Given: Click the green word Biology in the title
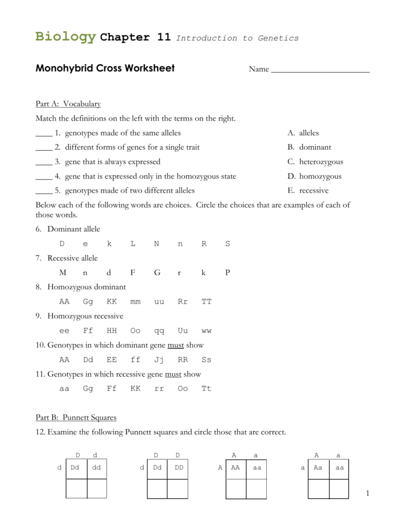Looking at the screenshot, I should coord(65,37).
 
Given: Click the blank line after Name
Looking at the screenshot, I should coord(320,69).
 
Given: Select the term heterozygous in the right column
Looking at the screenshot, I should coord(321,162).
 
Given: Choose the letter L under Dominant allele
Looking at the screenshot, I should coord(133,244).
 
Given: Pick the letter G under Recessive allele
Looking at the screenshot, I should coord(157,273).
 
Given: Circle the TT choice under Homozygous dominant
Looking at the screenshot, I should coord(207,302).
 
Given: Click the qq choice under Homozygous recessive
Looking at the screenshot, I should coord(159,331).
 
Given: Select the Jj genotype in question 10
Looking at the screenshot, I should coord(159,360).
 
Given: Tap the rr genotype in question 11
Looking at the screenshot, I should coord(159,389).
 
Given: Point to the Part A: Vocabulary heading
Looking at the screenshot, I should coord(68,104).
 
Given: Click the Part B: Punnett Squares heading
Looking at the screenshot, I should coord(76,418).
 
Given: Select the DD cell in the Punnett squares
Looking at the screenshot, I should coord(178,468).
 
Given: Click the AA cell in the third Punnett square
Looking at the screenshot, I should coord(235,468).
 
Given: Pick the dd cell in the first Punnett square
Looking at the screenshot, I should coord(97,468).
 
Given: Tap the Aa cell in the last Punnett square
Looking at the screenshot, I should coord(318,468).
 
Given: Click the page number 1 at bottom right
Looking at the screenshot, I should coord(367,493).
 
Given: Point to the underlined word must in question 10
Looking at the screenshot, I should coord(175,345).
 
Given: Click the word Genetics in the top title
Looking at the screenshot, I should coord(278,38).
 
